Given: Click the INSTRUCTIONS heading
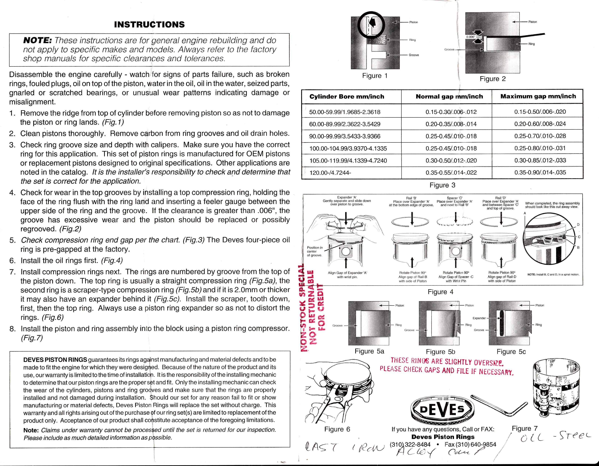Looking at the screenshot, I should (x=149, y=25).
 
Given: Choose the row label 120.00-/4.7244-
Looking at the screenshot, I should (x=330, y=173).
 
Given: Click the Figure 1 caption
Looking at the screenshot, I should (x=375, y=76).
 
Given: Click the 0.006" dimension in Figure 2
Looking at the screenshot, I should (x=470, y=37).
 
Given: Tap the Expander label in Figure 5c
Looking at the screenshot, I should (x=479, y=318).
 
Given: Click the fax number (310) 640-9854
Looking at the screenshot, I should (x=470, y=444).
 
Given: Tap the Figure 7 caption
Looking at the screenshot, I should (x=524, y=428).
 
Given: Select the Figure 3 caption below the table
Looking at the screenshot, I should (x=442, y=185).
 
